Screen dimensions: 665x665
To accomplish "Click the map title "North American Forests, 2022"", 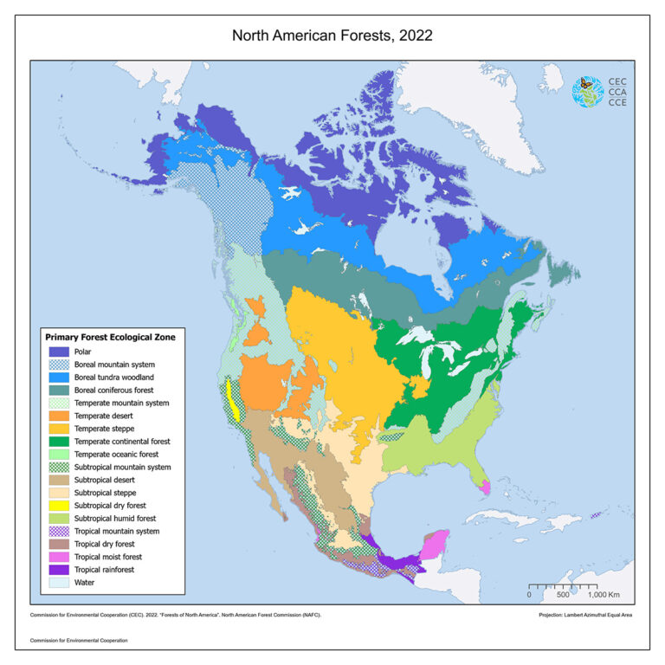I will [x=332, y=36].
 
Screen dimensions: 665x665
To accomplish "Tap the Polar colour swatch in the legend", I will [x=60, y=352].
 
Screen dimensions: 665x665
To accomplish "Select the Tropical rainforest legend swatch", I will [x=60, y=570].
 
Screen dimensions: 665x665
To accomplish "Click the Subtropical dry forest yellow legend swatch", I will [x=60, y=506].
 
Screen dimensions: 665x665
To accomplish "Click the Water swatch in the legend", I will [x=60, y=583].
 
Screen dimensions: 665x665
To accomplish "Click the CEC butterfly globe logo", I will [x=588, y=92].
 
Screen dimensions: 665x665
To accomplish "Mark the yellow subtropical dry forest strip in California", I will [x=231, y=398].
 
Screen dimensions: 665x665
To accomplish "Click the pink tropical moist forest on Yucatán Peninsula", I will [x=434, y=546].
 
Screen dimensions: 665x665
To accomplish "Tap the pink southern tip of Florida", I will [x=485, y=487].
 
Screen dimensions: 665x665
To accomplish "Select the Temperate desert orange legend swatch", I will [x=60, y=416].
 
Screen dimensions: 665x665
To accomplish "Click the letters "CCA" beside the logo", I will [x=618, y=92].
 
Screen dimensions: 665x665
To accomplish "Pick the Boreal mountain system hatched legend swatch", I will [x=60, y=365].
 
